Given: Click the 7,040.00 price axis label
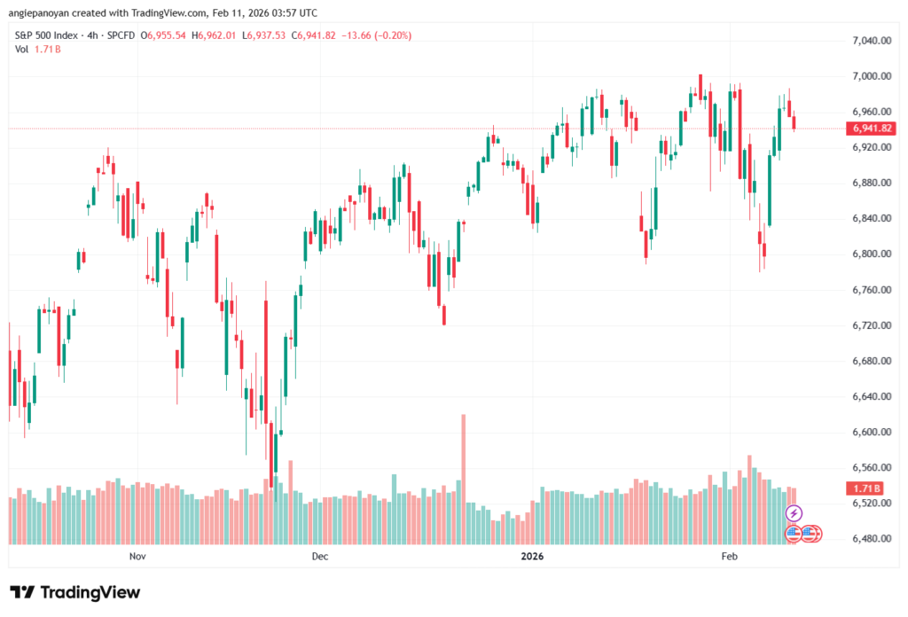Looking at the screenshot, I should tap(870, 41).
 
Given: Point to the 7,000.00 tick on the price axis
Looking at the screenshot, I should tap(870, 76).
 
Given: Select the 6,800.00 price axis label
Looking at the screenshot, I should tap(870, 254).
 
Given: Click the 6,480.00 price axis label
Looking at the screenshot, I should tap(870, 539).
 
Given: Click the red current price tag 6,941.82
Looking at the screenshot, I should tap(873, 129).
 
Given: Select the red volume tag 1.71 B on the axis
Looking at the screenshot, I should tap(865, 488).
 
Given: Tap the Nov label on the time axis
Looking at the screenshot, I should tap(137, 557).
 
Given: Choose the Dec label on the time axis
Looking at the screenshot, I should tap(320, 557).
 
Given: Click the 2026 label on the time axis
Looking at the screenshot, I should tap(533, 557).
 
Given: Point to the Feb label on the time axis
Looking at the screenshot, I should tap(729, 557).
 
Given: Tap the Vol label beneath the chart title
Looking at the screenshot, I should tap(22, 49).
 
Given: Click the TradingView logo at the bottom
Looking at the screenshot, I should tap(74, 592).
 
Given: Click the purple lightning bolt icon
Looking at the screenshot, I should tap(794, 513).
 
